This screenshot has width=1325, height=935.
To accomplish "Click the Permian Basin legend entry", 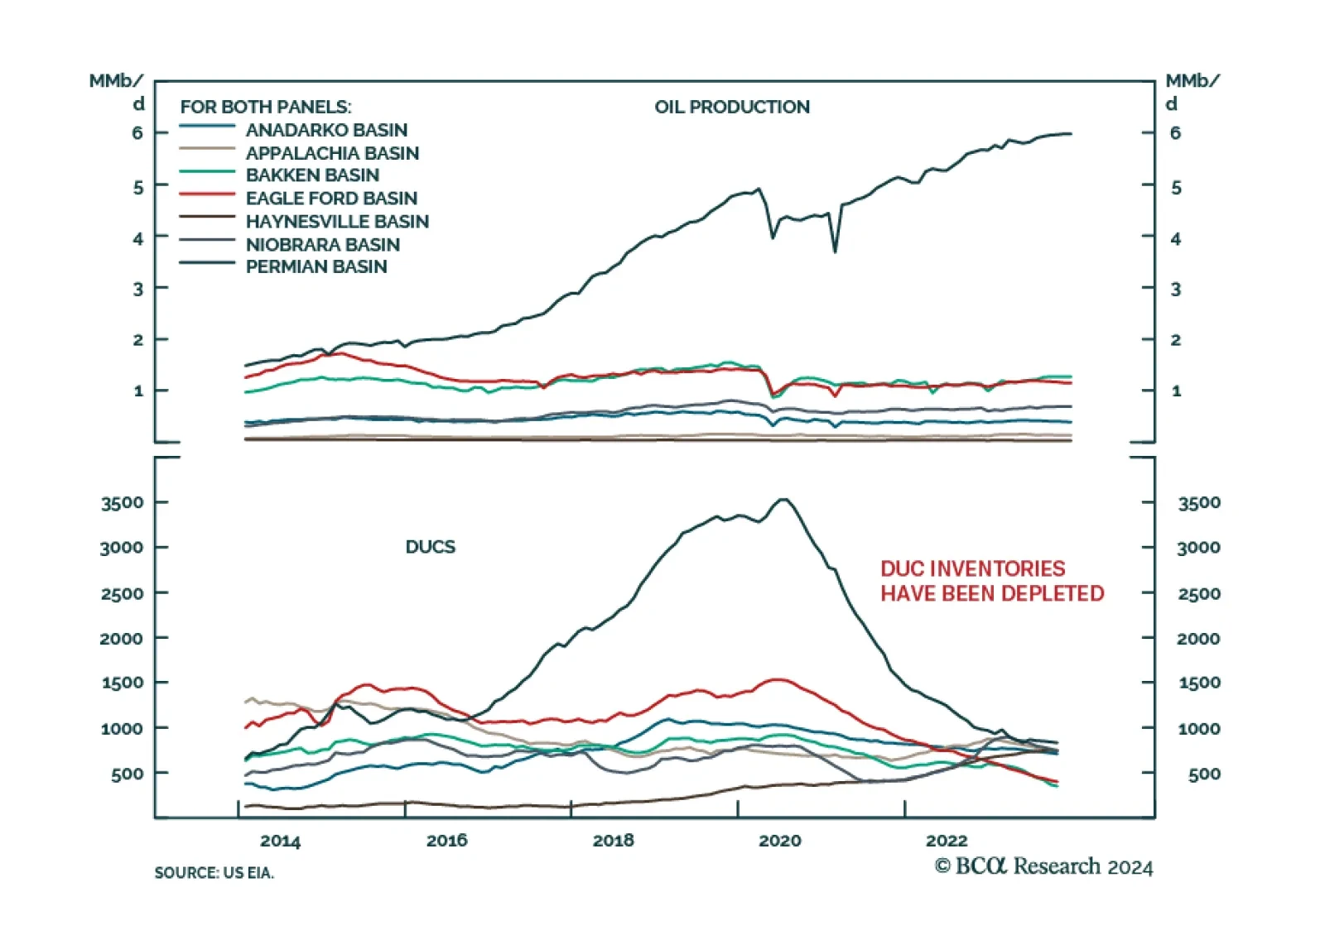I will [316, 266].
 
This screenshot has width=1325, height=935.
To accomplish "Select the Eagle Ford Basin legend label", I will [331, 199].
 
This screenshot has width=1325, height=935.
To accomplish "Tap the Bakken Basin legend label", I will [312, 175].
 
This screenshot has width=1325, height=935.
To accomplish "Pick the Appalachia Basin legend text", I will [332, 153].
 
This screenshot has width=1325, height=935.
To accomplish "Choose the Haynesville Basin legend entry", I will [337, 222].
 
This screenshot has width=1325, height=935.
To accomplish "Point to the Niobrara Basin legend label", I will [322, 245].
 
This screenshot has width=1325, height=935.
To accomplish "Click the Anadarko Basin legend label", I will [326, 130].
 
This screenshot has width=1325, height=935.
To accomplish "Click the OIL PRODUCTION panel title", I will [732, 107].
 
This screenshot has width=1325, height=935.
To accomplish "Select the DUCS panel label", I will [430, 547].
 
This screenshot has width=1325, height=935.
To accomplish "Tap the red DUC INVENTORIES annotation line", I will [972, 568].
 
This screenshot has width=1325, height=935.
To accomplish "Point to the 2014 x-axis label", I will [280, 841].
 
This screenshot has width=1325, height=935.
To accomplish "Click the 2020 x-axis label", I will [779, 841].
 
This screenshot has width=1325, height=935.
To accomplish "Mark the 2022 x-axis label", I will [946, 841].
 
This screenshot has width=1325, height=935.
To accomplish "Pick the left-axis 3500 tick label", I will [122, 503].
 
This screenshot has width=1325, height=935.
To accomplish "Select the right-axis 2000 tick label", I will [1198, 639].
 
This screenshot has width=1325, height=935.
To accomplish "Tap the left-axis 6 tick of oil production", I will [137, 133].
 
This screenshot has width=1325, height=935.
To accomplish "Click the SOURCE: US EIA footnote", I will [214, 873].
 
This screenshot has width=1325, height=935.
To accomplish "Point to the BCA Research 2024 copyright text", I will [1043, 866].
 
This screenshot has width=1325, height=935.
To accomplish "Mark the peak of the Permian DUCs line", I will [783, 499].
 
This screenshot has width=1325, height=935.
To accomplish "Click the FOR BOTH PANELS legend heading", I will [265, 107].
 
